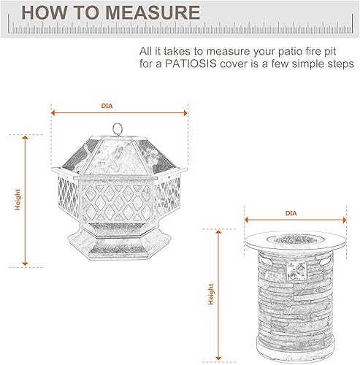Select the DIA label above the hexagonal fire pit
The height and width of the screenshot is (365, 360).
click(x=107, y=107)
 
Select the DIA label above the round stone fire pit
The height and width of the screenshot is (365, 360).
click(x=291, y=213)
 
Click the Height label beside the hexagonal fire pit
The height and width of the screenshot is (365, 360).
click(x=18, y=199)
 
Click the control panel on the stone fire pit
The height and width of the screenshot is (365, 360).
click(x=297, y=272)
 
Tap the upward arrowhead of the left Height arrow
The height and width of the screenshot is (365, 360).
click(x=26, y=137)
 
